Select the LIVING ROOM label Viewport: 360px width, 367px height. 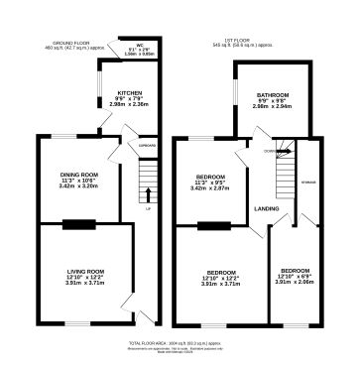(x=85, y=271)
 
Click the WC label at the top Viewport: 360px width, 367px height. (x=127, y=45)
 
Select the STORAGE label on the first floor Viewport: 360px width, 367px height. (x=308, y=183)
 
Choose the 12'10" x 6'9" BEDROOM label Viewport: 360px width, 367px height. (x=294, y=271)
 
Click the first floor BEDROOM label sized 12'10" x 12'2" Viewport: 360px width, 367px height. (x=222, y=273)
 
